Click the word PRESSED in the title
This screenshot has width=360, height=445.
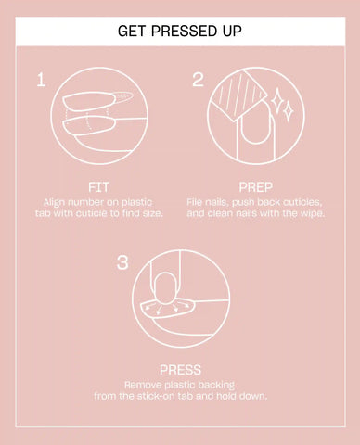[184, 31]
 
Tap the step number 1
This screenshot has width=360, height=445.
[41, 80]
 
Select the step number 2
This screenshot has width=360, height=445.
[198, 80]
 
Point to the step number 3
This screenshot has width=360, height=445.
[122, 262]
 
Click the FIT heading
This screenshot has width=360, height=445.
[98, 187]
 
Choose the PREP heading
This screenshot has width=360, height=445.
[256, 187]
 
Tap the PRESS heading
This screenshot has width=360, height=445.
[180, 370]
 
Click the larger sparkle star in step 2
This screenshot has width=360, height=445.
[276, 98]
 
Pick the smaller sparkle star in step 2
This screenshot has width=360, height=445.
[289, 110]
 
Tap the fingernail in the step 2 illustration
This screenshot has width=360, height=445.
[255, 123]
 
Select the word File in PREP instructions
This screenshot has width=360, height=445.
[194, 202]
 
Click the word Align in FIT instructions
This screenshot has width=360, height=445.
[54, 203]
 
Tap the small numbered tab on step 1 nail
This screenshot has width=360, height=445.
[123, 96]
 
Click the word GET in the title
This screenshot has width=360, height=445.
[132, 31]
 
